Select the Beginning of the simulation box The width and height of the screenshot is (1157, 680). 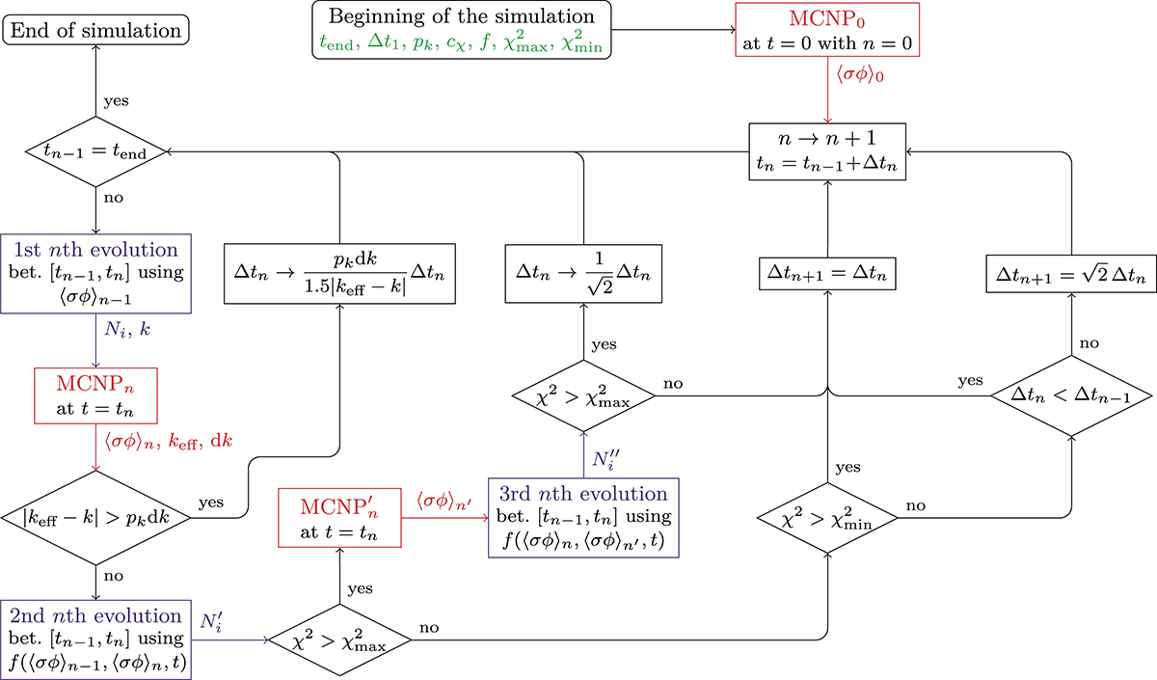(462, 32)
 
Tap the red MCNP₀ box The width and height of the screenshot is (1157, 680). (824, 32)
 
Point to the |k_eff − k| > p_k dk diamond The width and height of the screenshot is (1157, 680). (94, 517)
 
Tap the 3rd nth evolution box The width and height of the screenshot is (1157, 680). (583, 517)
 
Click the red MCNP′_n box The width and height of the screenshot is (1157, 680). (338, 517)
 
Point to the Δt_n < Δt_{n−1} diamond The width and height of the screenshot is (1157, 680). (1070, 395)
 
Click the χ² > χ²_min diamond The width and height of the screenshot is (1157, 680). (828, 517)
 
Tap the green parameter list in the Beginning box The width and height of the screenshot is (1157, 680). (462, 42)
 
